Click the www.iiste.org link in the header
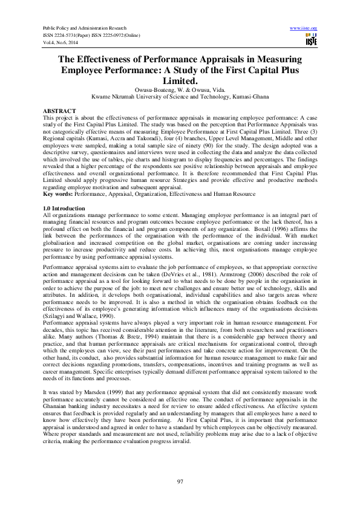(x=304, y=28)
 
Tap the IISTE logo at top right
(x=312, y=40)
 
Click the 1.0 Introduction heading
(x=65, y=208)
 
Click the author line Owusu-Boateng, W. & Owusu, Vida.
(x=180, y=89)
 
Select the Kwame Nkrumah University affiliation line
(x=180, y=96)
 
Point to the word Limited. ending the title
(x=180, y=80)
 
